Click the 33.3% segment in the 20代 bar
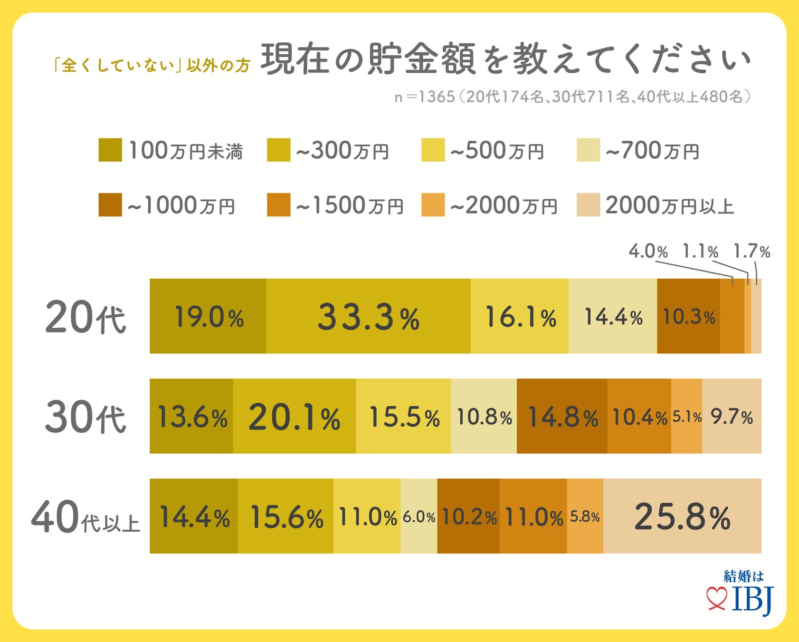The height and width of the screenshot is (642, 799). [368, 316]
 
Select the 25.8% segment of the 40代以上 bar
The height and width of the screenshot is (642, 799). [682, 516]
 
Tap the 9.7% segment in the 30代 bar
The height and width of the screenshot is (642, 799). [732, 417]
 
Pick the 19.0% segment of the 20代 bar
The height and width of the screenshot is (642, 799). [208, 316]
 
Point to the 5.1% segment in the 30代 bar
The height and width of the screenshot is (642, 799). [686, 417]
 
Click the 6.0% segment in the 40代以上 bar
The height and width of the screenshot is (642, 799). [419, 516]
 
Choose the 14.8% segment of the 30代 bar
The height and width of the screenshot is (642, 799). [562, 417]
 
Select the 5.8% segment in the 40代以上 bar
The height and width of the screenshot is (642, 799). [585, 516]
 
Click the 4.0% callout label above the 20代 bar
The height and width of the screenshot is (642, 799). [648, 251]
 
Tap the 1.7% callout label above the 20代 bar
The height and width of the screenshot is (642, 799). [751, 251]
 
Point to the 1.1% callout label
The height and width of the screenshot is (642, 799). [700, 251]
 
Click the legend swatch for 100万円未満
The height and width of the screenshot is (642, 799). [110, 150]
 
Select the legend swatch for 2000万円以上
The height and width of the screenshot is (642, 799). [588, 205]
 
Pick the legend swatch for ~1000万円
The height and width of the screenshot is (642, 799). [110, 205]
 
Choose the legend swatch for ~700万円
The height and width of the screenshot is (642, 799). [588, 150]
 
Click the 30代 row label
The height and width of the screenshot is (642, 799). [86, 417]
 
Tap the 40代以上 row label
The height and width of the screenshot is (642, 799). [86, 517]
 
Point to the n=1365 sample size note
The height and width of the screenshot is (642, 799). [572, 97]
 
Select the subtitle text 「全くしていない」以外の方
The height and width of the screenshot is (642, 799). [151, 65]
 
